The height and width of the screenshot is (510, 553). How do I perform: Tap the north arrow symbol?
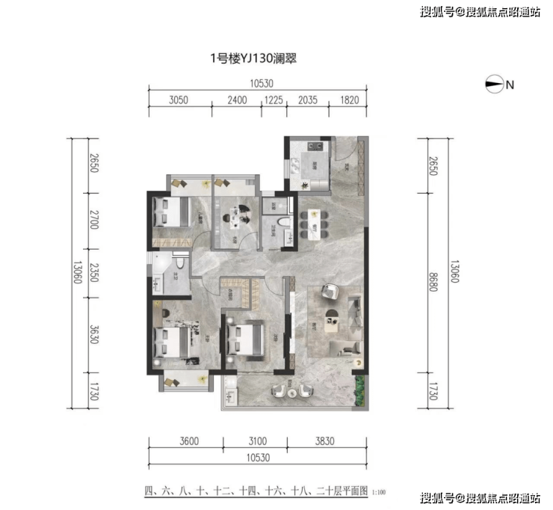coord(495,85)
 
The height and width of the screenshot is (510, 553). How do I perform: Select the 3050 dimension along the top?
coord(179,99)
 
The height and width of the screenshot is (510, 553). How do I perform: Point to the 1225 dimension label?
coord(274,99)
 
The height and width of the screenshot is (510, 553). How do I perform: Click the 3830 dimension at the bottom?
coord(325,441)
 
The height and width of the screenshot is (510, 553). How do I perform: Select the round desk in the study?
coord(237,217)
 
